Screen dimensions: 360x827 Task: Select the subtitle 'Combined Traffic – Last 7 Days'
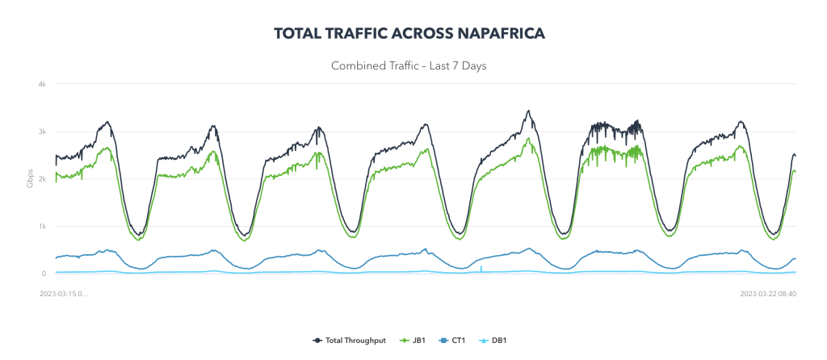[x=409, y=65]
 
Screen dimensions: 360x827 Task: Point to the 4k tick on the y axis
[x=41, y=84]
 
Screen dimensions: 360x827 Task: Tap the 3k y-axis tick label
[x=41, y=132]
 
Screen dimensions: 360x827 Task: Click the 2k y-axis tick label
[x=41, y=179]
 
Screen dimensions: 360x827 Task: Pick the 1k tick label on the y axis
[x=41, y=227]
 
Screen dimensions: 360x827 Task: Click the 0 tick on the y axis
[x=44, y=274]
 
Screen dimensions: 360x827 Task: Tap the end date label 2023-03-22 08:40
[x=768, y=294]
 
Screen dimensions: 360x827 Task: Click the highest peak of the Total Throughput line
[x=528, y=111]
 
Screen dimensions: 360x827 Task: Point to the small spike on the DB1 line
[x=481, y=266]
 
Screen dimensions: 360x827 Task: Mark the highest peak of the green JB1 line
[x=528, y=139]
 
